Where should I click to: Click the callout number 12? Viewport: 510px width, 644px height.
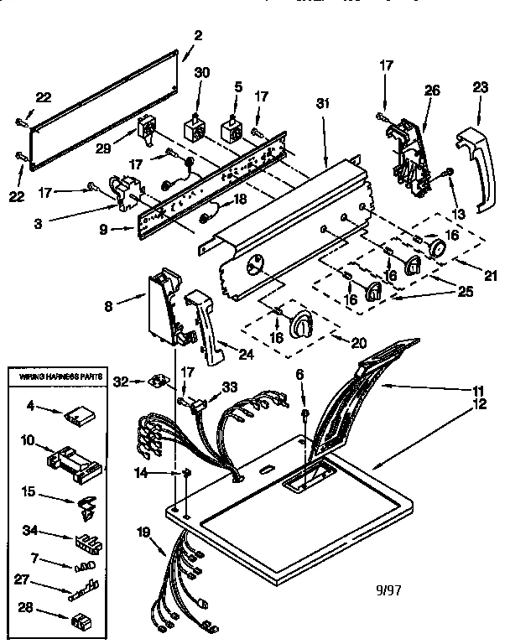tap(479, 404)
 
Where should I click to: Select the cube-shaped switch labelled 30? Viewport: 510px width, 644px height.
tap(195, 130)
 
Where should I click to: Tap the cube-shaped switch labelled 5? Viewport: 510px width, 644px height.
tap(231, 131)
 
